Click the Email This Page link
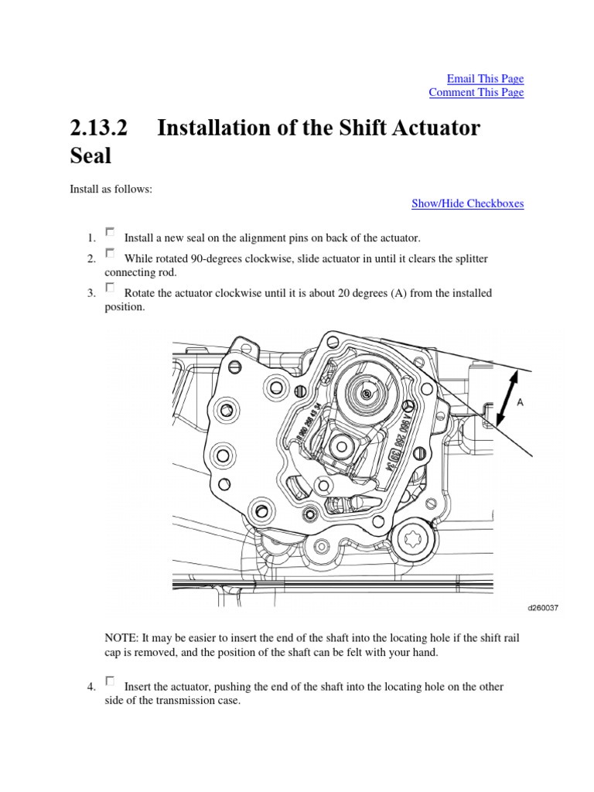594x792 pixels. pos(485,79)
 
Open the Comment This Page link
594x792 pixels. pos(476,93)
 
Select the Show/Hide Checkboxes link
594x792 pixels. pos(467,204)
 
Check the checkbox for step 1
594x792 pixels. pos(110,232)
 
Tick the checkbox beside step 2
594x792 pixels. pos(110,253)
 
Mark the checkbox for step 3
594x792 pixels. pos(110,288)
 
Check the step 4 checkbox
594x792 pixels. pos(110,681)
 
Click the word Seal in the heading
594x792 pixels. pos(90,156)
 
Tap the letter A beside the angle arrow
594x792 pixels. pos(520,402)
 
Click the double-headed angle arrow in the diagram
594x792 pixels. pos(507,398)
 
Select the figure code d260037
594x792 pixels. pos(542,608)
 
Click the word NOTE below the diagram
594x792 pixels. pos(120,638)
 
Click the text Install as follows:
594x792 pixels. pos(111,189)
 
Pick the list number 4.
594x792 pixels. pos(90,687)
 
